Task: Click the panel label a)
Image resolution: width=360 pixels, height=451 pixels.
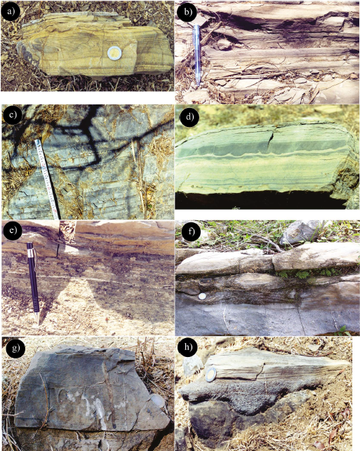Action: (x=11, y=12)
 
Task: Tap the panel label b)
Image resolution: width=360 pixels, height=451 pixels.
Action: (x=187, y=12)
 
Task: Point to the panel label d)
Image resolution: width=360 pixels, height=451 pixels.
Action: (x=188, y=117)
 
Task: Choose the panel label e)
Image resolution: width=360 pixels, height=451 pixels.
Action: (x=12, y=231)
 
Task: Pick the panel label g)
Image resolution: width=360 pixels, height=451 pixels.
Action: (x=13, y=348)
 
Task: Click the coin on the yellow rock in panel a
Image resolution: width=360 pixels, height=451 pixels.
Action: (x=114, y=53)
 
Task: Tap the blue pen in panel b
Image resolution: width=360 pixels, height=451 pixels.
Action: (x=197, y=54)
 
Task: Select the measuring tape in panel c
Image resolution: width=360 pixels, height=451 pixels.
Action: (x=48, y=179)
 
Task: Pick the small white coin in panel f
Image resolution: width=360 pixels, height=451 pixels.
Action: (x=203, y=297)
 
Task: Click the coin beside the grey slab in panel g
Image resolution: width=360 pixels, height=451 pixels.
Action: (x=157, y=401)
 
